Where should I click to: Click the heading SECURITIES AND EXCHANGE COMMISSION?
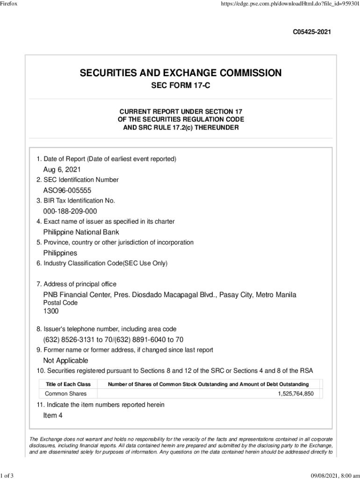tap(180, 73)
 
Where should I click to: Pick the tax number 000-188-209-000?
tap(70, 211)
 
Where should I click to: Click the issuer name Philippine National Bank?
tap(81, 232)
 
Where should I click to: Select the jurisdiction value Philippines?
tap(60, 253)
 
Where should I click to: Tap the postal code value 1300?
tap(51, 311)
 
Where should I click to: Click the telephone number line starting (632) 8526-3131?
tap(113, 340)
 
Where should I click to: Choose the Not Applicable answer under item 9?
tap(65, 361)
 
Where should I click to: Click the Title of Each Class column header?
tap(68, 384)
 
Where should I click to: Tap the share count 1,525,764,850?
tap(295, 394)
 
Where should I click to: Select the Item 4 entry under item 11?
tap(53, 415)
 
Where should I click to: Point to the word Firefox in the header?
tap(10, 4)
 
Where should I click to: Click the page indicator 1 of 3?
tap(7, 476)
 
